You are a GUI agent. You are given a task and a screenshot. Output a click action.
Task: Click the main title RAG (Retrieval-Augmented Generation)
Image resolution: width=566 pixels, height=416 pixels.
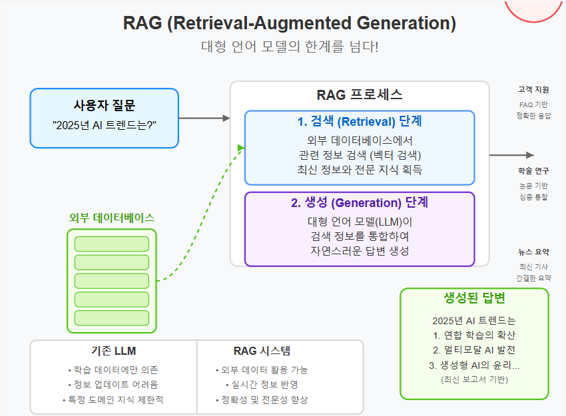coord(290,23)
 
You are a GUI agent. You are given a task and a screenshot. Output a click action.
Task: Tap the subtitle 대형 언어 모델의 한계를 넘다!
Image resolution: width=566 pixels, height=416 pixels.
coord(290,47)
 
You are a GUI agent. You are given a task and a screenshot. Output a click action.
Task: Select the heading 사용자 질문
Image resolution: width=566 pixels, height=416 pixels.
coord(104,105)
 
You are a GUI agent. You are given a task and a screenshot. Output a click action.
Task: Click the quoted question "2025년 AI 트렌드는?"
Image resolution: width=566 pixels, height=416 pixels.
coord(104,124)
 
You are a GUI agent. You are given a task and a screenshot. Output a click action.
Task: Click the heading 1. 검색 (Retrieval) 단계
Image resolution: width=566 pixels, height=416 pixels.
coord(360,122)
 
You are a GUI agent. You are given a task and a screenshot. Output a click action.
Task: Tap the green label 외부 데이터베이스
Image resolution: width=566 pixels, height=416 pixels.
coord(112,218)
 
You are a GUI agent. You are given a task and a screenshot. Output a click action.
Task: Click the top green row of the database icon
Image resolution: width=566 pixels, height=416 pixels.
coord(112,244)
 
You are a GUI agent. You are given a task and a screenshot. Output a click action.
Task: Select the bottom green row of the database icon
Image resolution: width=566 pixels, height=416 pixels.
coord(112,317)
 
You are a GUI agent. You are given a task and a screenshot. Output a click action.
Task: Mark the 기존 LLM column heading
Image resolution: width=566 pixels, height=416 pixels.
coord(114,351)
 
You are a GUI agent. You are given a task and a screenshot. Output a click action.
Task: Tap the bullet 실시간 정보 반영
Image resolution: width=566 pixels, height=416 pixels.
coord(262,385)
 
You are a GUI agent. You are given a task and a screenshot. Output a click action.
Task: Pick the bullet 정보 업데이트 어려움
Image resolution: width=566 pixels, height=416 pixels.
coord(114,385)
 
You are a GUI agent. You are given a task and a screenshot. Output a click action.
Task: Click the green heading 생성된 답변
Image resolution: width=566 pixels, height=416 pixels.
coord(474,298)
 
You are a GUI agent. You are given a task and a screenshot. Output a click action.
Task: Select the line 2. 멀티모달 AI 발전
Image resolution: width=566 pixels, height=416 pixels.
coord(474,349)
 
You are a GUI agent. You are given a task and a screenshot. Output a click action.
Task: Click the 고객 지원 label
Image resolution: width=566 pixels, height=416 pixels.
coord(533,89)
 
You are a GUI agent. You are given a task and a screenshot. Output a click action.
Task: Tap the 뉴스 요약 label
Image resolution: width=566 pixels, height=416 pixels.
coord(533,252)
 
